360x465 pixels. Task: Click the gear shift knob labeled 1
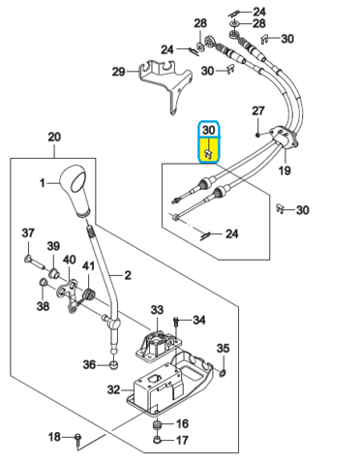click(x=75, y=190)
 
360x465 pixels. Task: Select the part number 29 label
click(x=118, y=72)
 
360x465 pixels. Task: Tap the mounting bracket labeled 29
click(x=165, y=84)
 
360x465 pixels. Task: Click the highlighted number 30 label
click(x=208, y=130)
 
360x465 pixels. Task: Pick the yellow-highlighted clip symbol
click(x=208, y=154)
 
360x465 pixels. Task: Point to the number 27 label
click(x=258, y=110)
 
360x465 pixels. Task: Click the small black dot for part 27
click(x=257, y=135)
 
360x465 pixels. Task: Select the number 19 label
click(x=285, y=170)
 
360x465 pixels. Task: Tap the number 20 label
click(x=54, y=137)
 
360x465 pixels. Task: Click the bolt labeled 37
click(x=35, y=262)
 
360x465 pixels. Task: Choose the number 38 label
click(x=43, y=305)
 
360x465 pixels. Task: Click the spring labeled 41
click(x=87, y=294)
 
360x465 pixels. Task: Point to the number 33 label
click(x=157, y=310)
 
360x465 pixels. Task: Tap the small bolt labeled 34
click(x=176, y=322)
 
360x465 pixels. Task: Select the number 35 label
click(x=223, y=348)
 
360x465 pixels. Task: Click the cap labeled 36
click(x=113, y=365)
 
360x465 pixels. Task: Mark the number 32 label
click(x=113, y=389)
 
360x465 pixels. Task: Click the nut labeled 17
click(x=157, y=439)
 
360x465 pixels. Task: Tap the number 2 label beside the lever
click(x=128, y=275)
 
